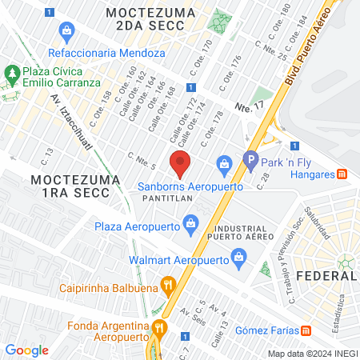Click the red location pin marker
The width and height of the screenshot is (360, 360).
coord(181,163)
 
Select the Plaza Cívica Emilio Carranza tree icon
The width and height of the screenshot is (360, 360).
coord(11,76)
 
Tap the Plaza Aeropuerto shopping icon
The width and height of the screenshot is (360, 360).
coord(190,222)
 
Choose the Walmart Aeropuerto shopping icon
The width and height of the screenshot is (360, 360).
coord(238,258)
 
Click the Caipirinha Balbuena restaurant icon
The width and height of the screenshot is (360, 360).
coord(167,283)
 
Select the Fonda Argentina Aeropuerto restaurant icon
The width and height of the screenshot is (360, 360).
coord(159,326)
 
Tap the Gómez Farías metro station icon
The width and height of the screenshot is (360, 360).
coord(306,330)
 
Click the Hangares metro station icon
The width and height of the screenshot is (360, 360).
coord(342,174)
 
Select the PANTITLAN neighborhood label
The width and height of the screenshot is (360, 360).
coord(166,197)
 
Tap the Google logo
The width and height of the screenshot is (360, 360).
coord(27,350)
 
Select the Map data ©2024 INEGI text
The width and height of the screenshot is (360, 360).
coord(312,354)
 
